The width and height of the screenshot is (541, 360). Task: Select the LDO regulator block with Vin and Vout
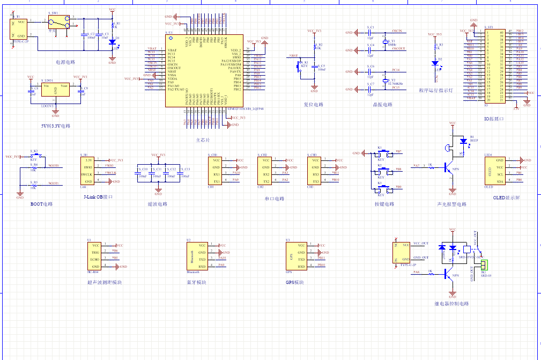point(55,92)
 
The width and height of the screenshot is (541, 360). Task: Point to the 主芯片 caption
point(203,140)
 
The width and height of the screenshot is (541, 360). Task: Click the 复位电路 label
point(314,105)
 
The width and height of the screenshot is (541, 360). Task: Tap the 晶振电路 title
point(382,105)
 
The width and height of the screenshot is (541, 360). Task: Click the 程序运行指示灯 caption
point(436,91)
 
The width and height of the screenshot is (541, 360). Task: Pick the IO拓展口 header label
point(494,119)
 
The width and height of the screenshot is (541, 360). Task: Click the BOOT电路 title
point(42,204)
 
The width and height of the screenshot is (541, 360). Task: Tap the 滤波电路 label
point(158,204)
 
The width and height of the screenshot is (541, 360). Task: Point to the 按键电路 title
point(384,204)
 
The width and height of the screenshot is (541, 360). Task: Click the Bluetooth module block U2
point(195,256)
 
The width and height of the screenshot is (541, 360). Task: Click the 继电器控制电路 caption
point(451,304)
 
